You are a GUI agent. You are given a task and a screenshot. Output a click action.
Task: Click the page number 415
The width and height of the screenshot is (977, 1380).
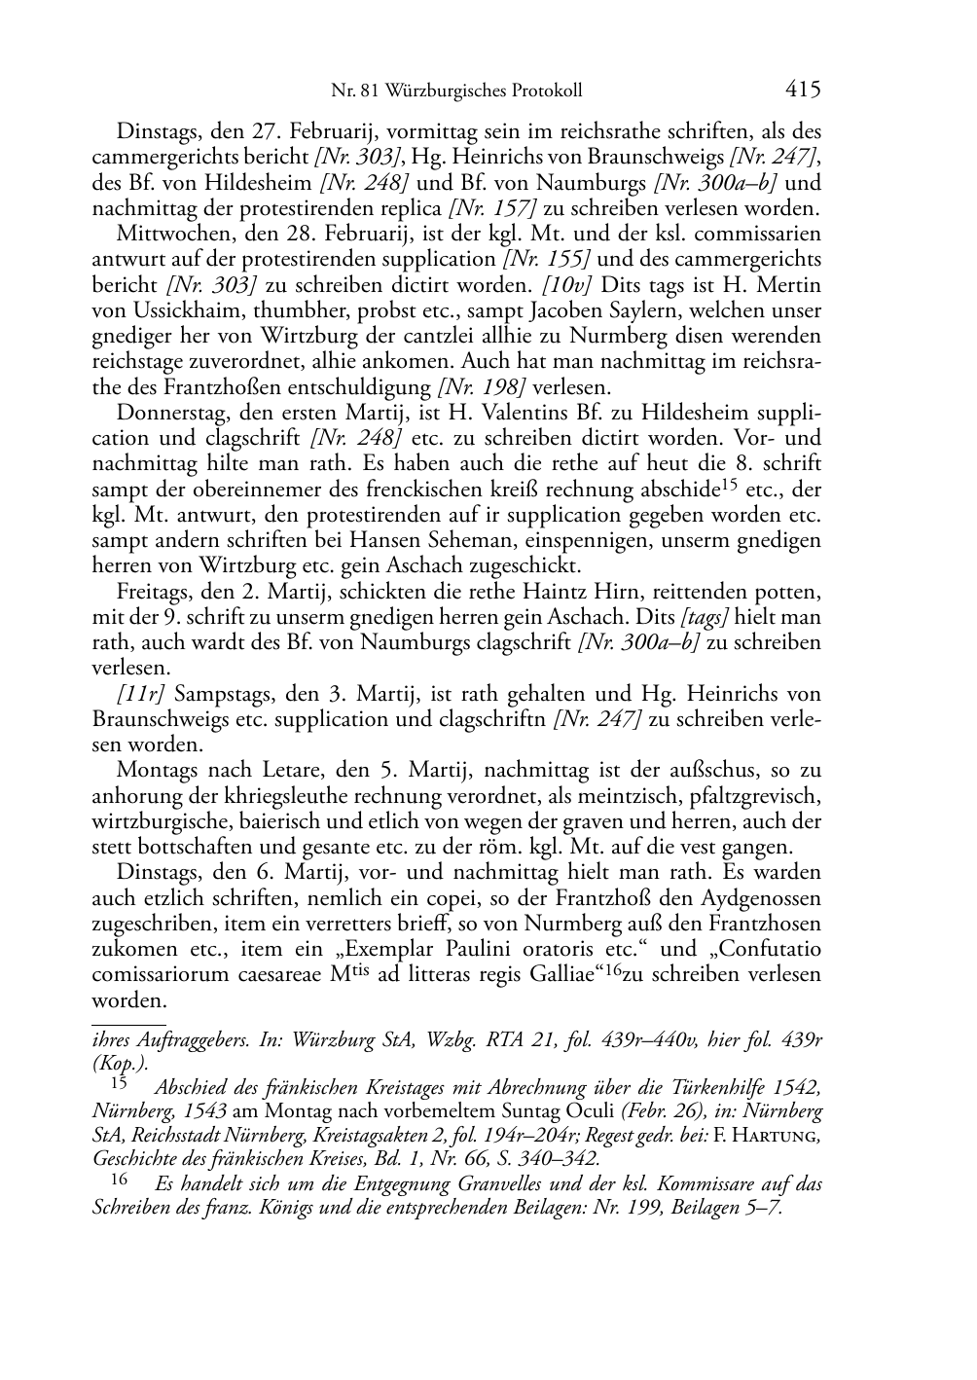coord(803,90)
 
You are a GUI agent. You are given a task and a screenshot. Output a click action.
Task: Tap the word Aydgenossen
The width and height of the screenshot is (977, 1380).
coord(763,898)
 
